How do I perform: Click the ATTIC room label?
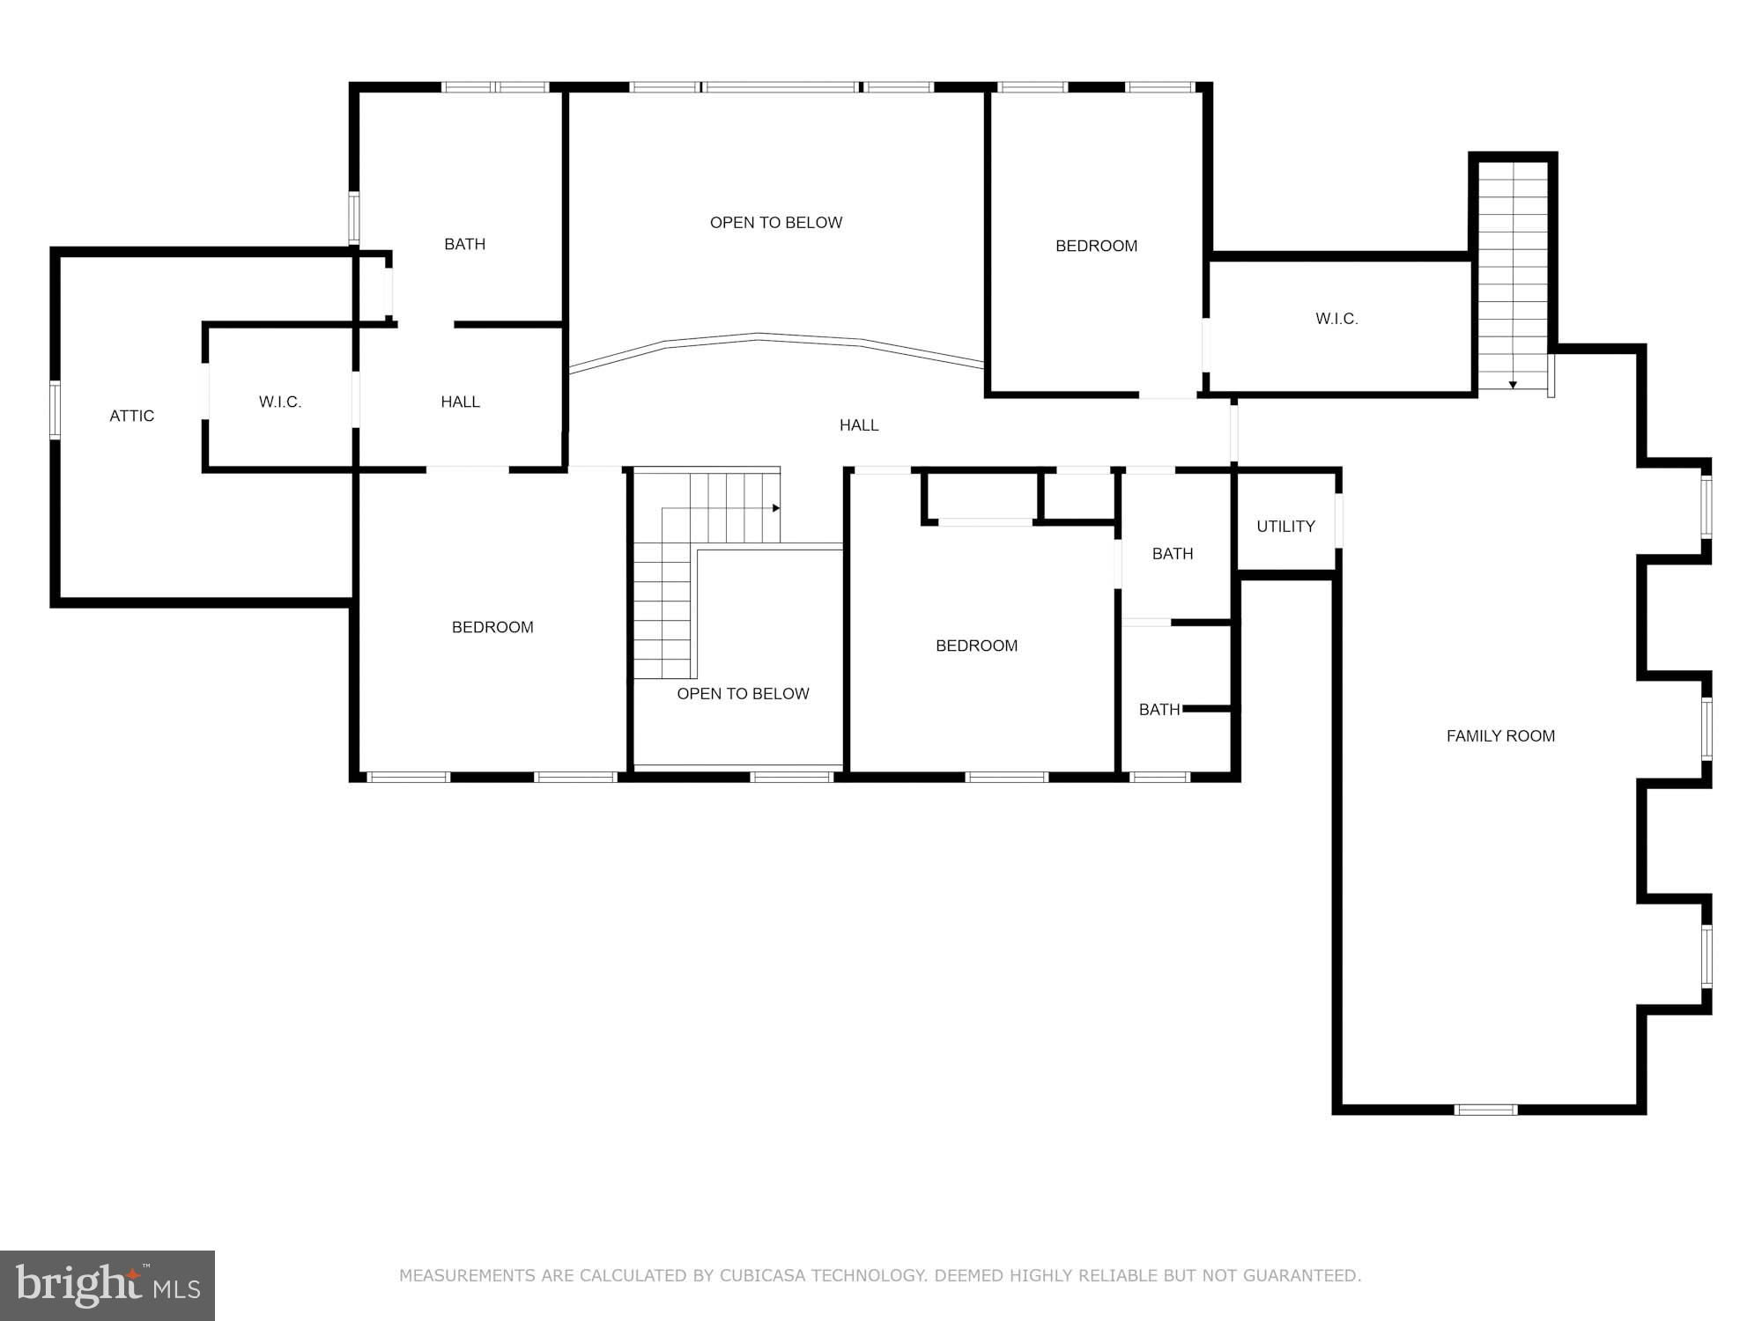click(132, 416)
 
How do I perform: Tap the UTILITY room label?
click(1285, 526)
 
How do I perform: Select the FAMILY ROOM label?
click(1500, 735)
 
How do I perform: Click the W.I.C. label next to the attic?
click(280, 402)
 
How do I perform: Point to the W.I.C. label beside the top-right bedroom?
click(1336, 319)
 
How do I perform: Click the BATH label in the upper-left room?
click(464, 244)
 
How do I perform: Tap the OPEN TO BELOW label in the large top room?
click(776, 223)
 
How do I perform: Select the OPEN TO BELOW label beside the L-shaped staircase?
click(743, 693)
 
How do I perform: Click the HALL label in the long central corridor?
click(859, 425)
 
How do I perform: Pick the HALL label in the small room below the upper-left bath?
click(460, 402)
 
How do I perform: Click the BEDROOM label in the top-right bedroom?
click(1096, 246)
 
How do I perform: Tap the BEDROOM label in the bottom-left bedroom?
click(492, 627)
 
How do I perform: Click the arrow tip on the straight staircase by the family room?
click(1513, 386)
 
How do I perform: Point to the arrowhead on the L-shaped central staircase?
click(778, 508)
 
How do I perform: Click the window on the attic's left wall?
click(55, 410)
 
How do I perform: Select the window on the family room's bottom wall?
click(1485, 1110)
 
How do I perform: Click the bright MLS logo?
click(107, 1285)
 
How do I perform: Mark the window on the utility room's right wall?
click(1338, 520)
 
